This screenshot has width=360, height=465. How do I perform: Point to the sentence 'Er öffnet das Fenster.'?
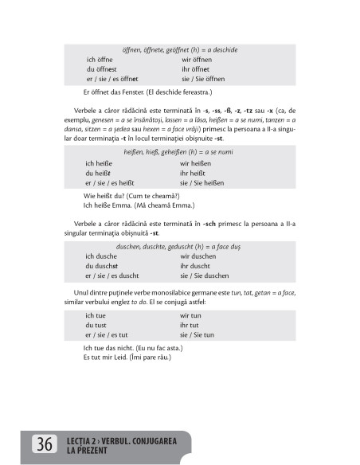pyautogui.click(x=114, y=91)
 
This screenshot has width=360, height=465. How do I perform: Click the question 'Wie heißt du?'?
pyautogui.click(x=105, y=196)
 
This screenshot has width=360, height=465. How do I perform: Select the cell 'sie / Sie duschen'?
pyautogui.click(x=205, y=275)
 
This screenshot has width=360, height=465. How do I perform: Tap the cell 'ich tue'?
pyautogui.click(x=96, y=315)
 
